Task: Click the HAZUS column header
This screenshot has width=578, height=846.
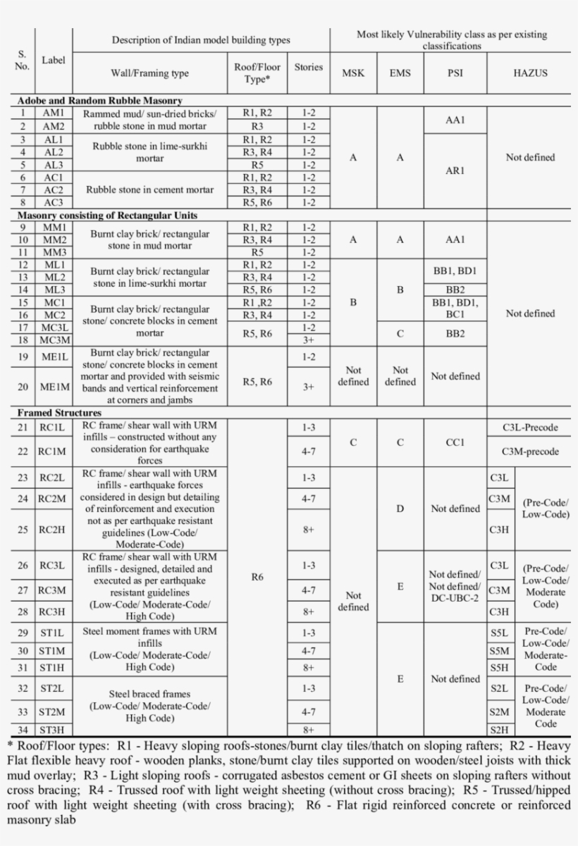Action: pyautogui.click(x=530, y=73)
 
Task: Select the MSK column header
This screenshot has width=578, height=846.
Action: pyautogui.click(x=353, y=73)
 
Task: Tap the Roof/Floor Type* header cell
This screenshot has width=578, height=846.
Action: pyautogui.click(x=257, y=73)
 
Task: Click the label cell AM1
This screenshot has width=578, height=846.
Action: pyautogui.click(x=53, y=113)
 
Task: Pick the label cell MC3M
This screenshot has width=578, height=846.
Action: pyautogui.click(x=53, y=340)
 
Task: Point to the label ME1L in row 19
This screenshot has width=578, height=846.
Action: pyautogui.click(x=53, y=356)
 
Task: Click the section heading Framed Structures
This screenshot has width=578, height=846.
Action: pyautogui.click(x=59, y=412)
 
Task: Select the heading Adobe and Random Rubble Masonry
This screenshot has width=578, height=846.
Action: pyautogui.click(x=100, y=101)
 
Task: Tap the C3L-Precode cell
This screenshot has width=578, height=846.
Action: pyautogui.click(x=530, y=427)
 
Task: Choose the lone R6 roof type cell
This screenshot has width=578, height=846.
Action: pyautogui.click(x=257, y=577)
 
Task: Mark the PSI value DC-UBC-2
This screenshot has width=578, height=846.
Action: pyautogui.click(x=455, y=598)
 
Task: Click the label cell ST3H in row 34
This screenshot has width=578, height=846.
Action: pyautogui.click(x=53, y=730)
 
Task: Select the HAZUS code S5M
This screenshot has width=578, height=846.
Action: pyautogui.click(x=500, y=651)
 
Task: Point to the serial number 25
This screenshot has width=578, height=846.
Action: pyautogui.click(x=23, y=529)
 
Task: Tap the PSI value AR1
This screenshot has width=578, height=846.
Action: pyautogui.click(x=455, y=170)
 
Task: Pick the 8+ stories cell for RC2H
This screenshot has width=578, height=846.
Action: pyautogui.click(x=308, y=529)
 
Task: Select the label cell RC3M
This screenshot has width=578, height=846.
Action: pyautogui.click(x=53, y=590)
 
